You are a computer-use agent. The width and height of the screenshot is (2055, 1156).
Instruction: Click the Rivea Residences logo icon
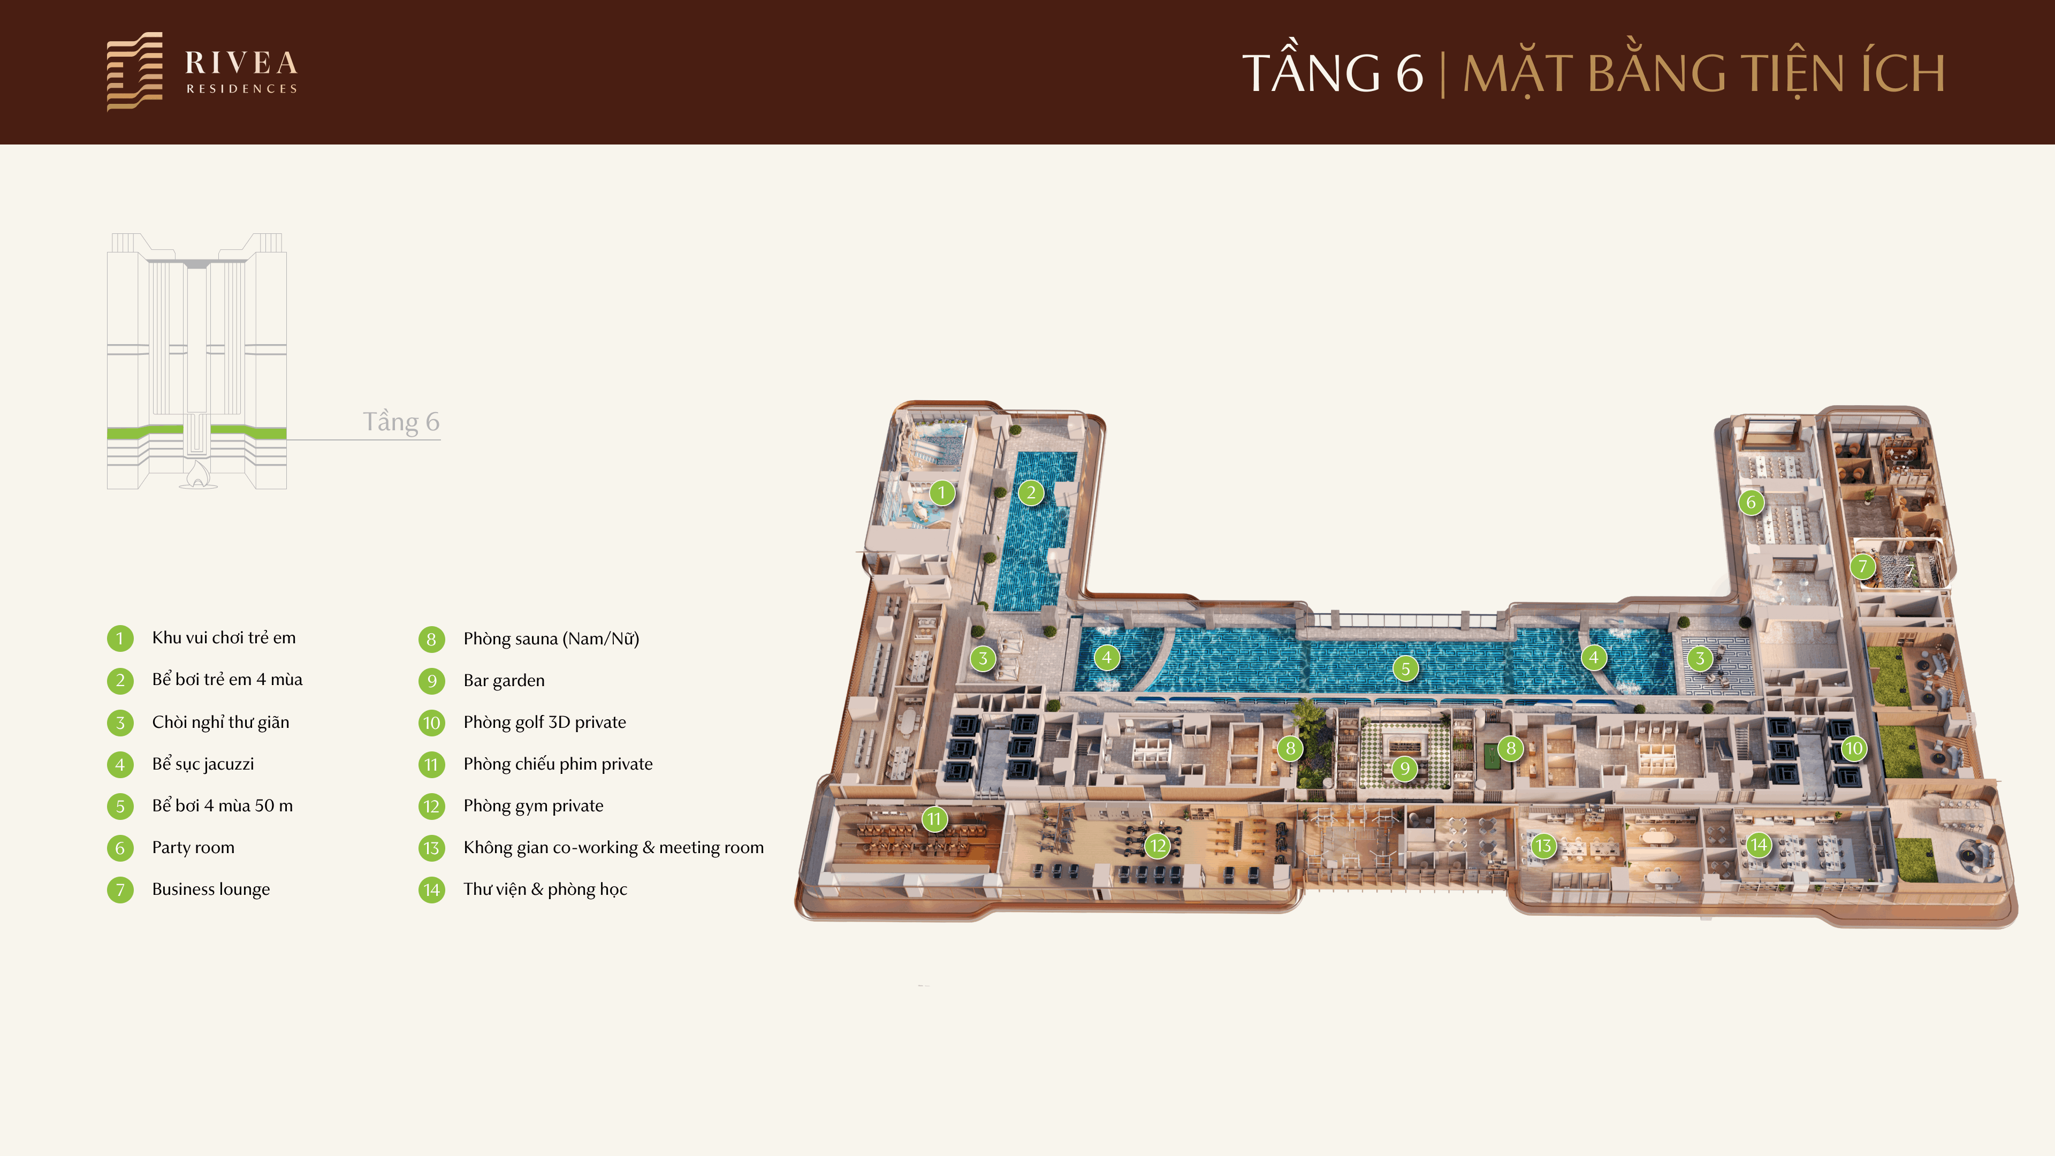coord(135,71)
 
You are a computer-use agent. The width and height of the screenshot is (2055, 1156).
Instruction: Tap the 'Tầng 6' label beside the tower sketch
coord(401,421)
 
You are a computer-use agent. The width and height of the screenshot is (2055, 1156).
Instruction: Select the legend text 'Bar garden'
coord(504,681)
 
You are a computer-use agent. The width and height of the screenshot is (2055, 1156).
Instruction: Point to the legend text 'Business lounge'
coord(211,889)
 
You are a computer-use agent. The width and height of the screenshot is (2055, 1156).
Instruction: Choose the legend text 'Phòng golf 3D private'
coord(545,722)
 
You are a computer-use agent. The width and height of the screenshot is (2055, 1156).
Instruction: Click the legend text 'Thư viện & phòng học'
coord(546,889)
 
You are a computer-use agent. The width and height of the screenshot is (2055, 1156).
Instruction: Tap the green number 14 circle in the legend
coord(431,889)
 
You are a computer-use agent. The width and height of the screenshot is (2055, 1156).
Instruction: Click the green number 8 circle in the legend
coord(431,639)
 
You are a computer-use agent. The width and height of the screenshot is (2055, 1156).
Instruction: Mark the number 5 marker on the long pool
coord(1406,668)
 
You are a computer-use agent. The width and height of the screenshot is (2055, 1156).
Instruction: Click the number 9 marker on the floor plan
coord(1405,769)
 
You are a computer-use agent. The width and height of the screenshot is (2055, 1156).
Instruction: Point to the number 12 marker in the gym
coord(1158,846)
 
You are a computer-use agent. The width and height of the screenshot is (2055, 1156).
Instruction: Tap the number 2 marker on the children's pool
coord(1031,492)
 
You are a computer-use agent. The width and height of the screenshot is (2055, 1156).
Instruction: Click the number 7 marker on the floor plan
coord(1863,566)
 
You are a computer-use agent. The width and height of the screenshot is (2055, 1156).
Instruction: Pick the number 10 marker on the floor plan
coord(1853,748)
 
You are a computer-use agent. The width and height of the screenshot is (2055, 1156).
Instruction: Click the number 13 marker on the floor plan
coord(1543,846)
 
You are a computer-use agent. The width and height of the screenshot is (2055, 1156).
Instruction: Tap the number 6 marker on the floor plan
coord(1751,503)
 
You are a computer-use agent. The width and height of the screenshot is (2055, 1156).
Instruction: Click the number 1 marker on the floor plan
coord(941,492)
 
